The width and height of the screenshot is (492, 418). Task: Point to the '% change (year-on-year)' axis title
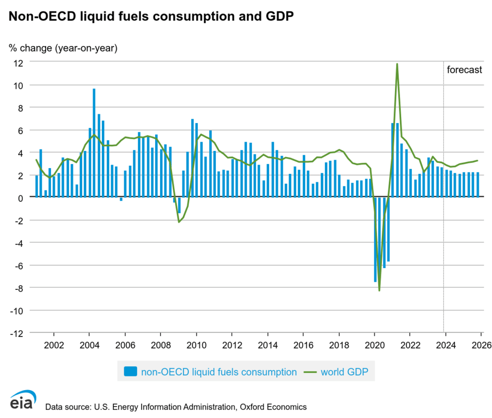63,48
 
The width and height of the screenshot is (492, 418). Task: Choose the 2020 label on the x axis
374,346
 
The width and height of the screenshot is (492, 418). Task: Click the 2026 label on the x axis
481,346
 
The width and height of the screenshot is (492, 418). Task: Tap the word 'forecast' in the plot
464,70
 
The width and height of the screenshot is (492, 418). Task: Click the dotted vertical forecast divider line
443,240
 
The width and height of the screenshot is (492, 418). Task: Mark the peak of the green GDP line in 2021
397,64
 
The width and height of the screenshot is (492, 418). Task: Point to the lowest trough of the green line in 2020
379,290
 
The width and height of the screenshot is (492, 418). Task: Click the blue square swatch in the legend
130,371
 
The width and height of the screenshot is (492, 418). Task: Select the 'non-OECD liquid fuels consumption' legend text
219,371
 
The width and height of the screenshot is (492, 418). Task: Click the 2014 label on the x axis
267,346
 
